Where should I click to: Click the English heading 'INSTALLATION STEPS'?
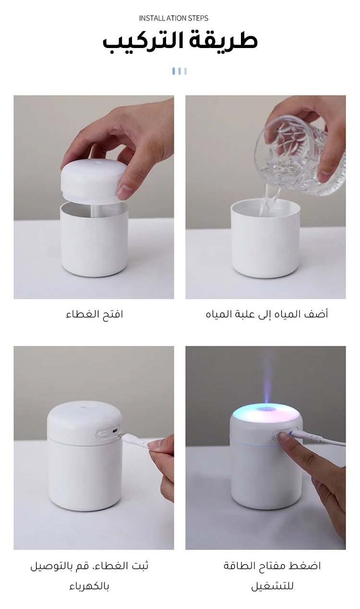[x=174, y=18]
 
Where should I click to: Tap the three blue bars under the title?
[x=180, y=71]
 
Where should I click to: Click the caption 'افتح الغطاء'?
[x=95, y=314]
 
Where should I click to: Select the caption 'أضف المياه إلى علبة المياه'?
[x=267, y=314]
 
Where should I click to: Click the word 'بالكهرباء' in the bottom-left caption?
[x=89, y=585]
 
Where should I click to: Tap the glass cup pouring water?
[x=299, y=156]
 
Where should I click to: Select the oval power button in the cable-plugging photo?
[x=103, y=434]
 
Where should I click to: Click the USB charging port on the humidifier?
[x=115, y=431]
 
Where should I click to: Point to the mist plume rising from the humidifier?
[x=266, y=380]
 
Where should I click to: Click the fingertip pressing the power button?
[x=284, y=436]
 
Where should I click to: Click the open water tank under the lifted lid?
[x=94, y=239]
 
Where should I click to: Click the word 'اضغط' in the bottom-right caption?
[x=308, y=566]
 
